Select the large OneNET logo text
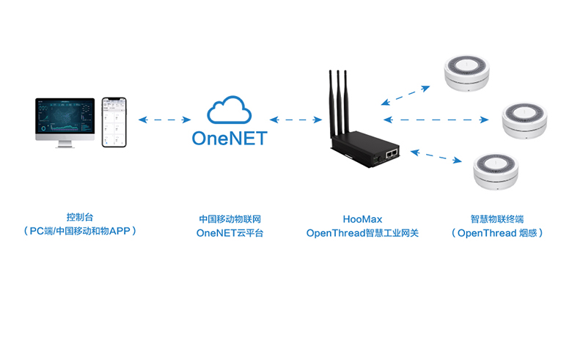click(x=230, y=139)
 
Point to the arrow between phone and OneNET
click(x=164, y=119)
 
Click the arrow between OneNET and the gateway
click(x=296, y=119)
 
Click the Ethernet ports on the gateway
click(x=392, y=153)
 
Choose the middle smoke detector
click(x=525, y=118)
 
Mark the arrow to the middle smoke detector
click(x=436, y=119)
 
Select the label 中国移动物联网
click(x=230, y=218)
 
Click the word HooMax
click(x=362, y=218)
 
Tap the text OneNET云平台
click(x=230, y=233)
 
